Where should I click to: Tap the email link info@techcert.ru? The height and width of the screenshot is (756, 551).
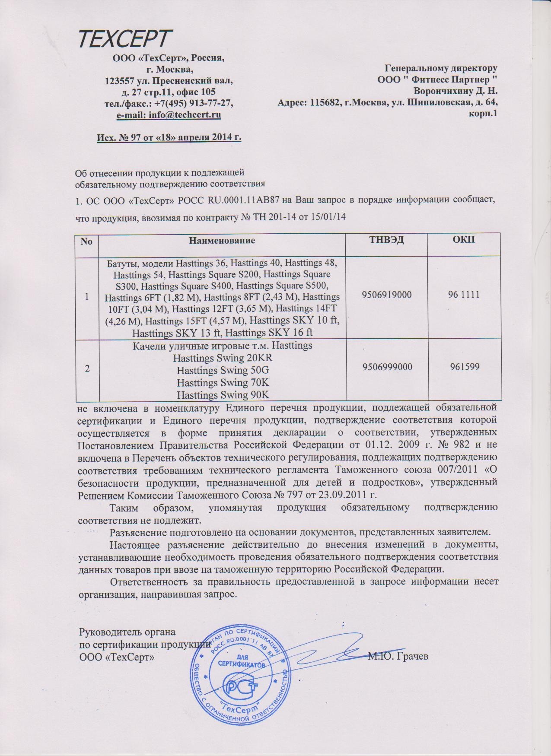pos(185,115)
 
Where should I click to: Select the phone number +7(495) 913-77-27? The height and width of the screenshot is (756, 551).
pos(194,103)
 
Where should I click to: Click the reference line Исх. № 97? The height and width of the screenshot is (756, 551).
pos(168,137)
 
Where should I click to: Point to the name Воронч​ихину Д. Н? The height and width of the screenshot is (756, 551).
pos(455,91)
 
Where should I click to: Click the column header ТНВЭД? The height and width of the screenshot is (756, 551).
pos(386,240)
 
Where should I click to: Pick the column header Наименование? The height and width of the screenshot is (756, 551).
pos(222,241)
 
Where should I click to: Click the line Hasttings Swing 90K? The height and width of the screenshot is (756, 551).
pos(223,394)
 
